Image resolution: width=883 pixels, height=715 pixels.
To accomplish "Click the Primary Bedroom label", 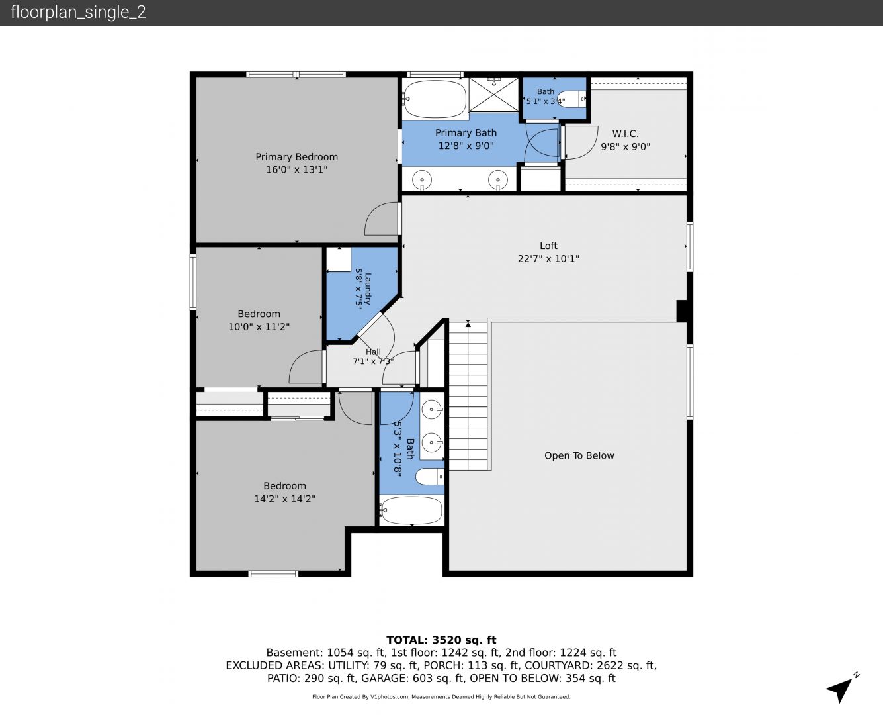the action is (x=296, y=157).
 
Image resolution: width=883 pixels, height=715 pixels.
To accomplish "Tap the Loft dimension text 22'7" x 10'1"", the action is (x=548, y=259).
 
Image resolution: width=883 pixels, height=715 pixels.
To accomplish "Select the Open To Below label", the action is (x=579, y=455).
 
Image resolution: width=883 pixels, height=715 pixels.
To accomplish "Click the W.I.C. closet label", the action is (x=625, y=134).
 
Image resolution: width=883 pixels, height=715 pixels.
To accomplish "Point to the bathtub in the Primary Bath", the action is (x=435, y=99).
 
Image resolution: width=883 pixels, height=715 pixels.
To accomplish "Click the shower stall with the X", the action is (x=493, y=95).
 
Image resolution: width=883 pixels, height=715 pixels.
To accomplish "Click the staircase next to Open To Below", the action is (x=468, y=397).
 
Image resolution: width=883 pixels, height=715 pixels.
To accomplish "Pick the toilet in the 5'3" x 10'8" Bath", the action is (x=430, y=477).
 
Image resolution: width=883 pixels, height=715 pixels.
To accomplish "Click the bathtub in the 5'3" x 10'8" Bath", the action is (x=411, y=510).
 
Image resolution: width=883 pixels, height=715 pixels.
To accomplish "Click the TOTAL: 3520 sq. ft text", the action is (x=441, y=640).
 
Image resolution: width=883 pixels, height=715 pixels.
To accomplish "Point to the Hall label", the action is (x=373, y=352).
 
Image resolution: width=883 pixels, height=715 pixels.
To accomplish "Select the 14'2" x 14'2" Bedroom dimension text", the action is (x=284, y=499).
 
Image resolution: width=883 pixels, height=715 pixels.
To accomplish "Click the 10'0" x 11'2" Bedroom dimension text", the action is (x=259, y=326).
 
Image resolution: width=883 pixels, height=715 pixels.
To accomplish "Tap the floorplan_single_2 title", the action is (x=78, y=12).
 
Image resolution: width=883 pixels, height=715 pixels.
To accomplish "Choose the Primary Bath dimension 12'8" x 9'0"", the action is (x=466, y=146).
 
